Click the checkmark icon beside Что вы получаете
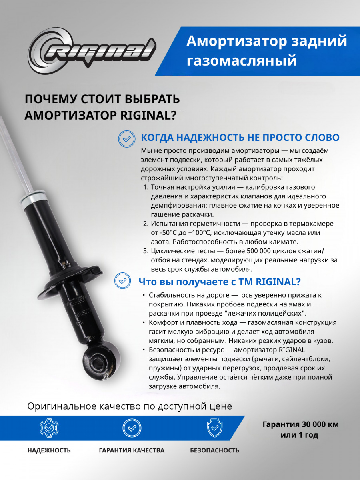[x=122, y=280]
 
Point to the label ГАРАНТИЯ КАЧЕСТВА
[x=132, y=450]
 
